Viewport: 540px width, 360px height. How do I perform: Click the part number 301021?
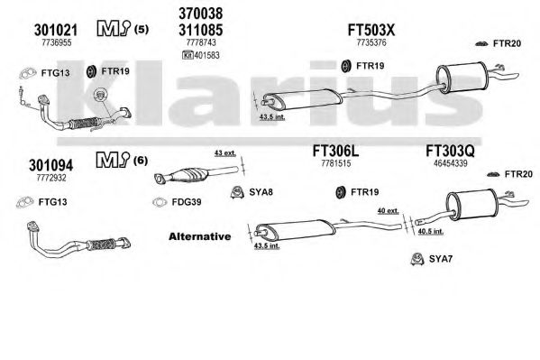(x=56, y=31)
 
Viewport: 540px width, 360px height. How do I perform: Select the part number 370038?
(x=200, y=14)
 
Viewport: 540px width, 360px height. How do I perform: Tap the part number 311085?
(x=200, y=30)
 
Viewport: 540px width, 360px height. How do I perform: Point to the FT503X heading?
(x=371, y=30)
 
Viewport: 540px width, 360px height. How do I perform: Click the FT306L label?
(x=335, y=151)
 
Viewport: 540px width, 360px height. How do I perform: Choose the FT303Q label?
(x=450, y=151)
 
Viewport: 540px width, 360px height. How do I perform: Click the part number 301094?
(x=51, y=165)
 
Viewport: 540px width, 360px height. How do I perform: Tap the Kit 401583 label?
(x=201, y=55)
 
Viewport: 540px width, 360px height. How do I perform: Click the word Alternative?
(x=200, y=236)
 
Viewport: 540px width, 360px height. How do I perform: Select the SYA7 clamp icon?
(x=417, y=259)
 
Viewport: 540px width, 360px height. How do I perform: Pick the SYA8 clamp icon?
(x=237, y=192)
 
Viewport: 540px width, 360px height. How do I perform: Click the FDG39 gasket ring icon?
(x=160, y=202)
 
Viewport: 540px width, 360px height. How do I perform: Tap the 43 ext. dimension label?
(x=225, y=153)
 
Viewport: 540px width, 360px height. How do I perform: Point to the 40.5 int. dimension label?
(x=431, y=232)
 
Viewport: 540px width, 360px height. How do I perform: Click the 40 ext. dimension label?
(x=389, y=211)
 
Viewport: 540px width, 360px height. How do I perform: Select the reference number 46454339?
(x=450, y=163)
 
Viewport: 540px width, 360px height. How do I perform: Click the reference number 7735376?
(x=371, y=42)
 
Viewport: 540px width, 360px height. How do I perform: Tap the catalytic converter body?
(x=187, y=175)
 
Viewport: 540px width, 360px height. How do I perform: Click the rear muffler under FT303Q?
(x=471, y=205)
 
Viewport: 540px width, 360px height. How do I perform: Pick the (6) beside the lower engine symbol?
(x=140, y=161)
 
